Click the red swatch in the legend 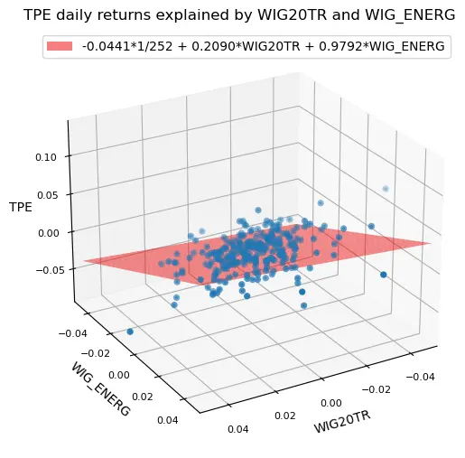[68, 47]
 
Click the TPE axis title [21, 207]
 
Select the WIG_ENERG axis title [99, 389]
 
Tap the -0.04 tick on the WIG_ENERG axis [70, 332]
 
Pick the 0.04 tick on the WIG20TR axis [237, 430]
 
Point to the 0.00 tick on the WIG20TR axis [330, 403]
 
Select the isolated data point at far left [130, 332]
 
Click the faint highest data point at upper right [386, 188]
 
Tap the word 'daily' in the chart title [79, 15]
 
